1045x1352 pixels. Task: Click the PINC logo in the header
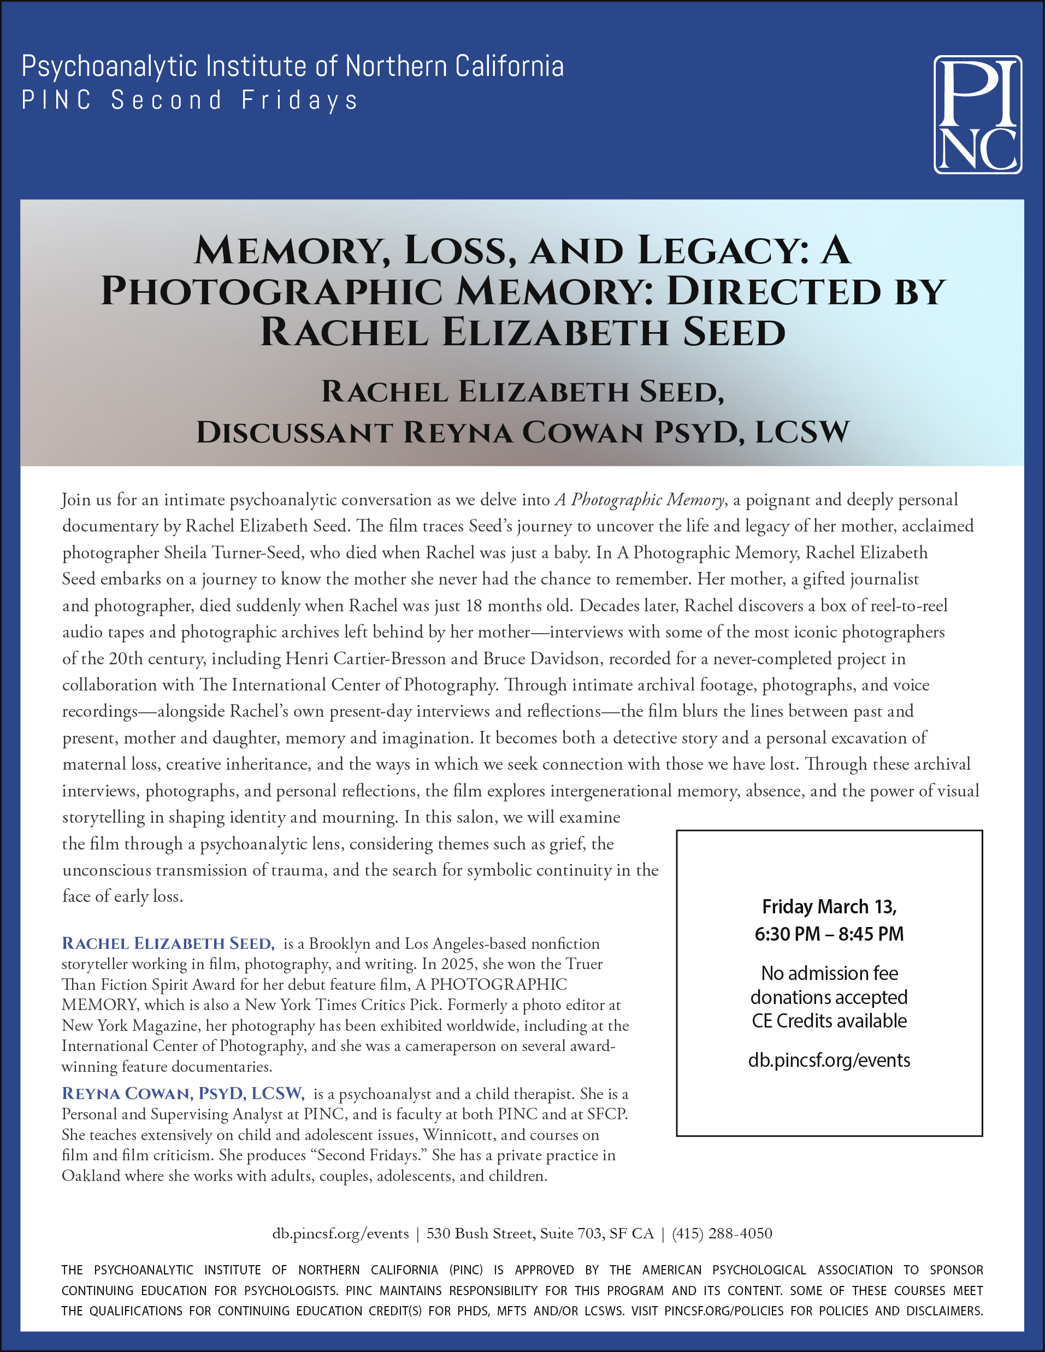click(977, 115)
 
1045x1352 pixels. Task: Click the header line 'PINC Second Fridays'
click(190, 101)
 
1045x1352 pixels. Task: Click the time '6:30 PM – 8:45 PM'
click(829, 934)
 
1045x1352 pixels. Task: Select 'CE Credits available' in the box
click(829, 1021)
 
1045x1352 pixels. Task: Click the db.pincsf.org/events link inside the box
click(829, 1060)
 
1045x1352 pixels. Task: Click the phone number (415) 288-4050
click(722, 1234)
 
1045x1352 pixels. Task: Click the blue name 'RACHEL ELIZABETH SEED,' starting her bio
click(168, 943)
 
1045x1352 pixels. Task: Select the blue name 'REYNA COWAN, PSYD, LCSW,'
click(183, 1094)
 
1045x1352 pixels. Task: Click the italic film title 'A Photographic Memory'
click(640, 500)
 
